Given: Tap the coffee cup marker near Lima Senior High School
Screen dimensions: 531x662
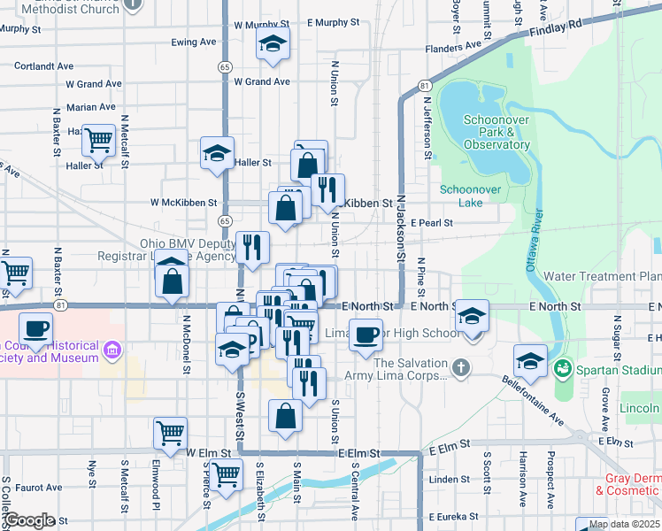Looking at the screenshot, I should coord(366,335).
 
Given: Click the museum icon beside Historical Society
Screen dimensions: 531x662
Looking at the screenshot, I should coord(112,352).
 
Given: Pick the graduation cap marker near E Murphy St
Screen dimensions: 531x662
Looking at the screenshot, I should coord(273,42).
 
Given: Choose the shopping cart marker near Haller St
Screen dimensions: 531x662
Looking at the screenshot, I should coord(98,138).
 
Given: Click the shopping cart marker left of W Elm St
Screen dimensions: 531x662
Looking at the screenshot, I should coord(170,432).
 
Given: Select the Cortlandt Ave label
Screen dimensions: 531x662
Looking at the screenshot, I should coord(43,66).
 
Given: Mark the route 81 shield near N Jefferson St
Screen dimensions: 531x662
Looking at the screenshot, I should coord(425,86).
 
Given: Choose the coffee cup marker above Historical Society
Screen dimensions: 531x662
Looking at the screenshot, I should coord(35,328).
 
